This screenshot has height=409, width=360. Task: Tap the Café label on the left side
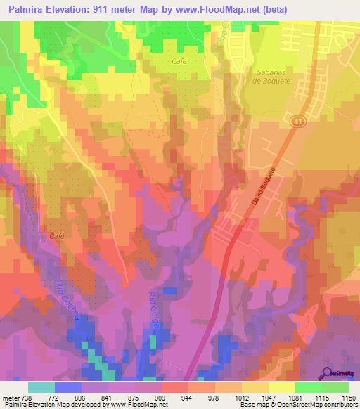(x=57, y=236)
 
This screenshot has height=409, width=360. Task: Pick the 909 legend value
(x=161, y=397)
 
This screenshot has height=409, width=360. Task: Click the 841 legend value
(x=108, y=397)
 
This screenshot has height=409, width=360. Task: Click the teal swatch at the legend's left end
(x=41, y=387)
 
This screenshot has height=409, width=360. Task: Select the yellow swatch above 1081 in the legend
(x=281, y=387)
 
